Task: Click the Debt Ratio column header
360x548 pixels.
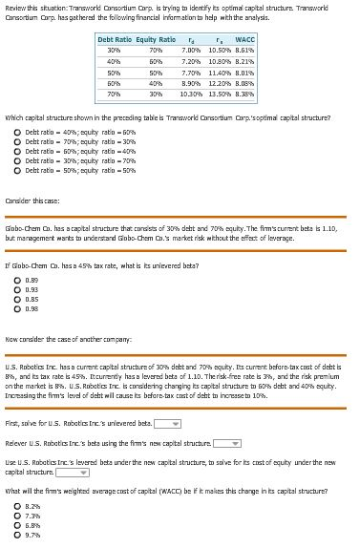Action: coord(116,39)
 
